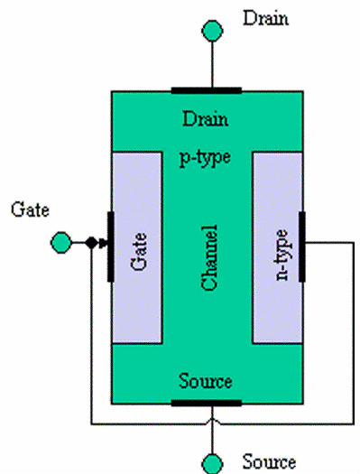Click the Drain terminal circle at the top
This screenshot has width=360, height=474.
tap(212, 31)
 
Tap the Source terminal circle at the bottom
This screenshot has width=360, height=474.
tap(212, 464)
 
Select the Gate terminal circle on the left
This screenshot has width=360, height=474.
tap(61, 243)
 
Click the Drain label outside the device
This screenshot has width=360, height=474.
tap(265, 18)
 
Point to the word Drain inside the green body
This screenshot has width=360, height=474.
tap(205, 119)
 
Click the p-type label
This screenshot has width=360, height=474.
tap(205, 158)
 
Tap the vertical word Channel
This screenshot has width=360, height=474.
tap(209, 257)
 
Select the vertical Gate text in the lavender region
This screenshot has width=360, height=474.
tap(139, 251)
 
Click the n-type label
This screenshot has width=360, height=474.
tap(282, 256)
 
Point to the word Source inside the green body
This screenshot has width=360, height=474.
tap(206, 381)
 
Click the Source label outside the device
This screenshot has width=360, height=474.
tap(269, 462)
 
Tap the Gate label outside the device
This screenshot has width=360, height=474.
tap(30, 209)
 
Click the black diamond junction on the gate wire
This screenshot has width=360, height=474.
tap(91, 243)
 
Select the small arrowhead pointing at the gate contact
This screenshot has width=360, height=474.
tap(103, 243)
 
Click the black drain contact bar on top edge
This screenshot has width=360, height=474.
tap(207, 90)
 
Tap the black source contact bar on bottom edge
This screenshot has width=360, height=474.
tap(207, 403)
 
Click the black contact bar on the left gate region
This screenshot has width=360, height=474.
tap(111, 246)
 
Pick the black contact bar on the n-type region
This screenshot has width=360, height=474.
tap(302, 246)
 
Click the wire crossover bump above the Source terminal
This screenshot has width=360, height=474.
tap(212, 421)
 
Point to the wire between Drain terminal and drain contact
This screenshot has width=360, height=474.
tap(212, 64)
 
